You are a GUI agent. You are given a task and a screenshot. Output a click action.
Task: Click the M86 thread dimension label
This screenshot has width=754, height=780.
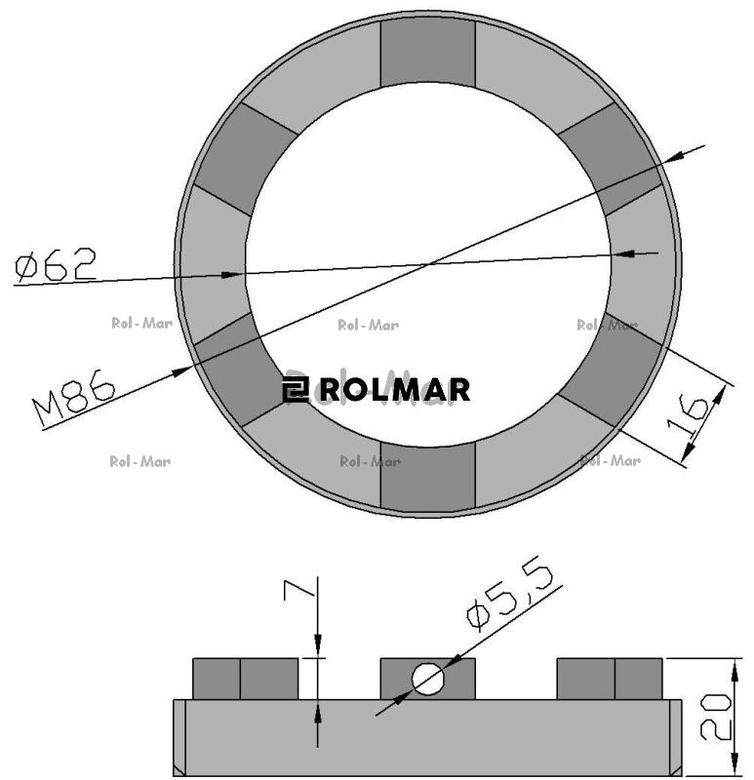(x=74, y=399)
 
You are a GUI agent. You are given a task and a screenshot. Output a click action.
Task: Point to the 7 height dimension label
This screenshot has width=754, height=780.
(x=299, y=589)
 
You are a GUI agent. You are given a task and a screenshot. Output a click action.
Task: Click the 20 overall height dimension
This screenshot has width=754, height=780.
(x=716, y=717)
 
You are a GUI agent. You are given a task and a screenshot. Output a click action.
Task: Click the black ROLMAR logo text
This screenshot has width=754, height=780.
(x=395, y=389)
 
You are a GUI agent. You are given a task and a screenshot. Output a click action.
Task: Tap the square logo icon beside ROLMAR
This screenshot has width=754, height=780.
(x=296, y=389)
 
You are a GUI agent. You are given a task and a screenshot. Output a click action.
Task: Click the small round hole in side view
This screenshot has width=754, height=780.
(x=427, y=679)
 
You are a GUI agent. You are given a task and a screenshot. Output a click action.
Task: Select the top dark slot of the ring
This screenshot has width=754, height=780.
(x=427, y=53)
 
